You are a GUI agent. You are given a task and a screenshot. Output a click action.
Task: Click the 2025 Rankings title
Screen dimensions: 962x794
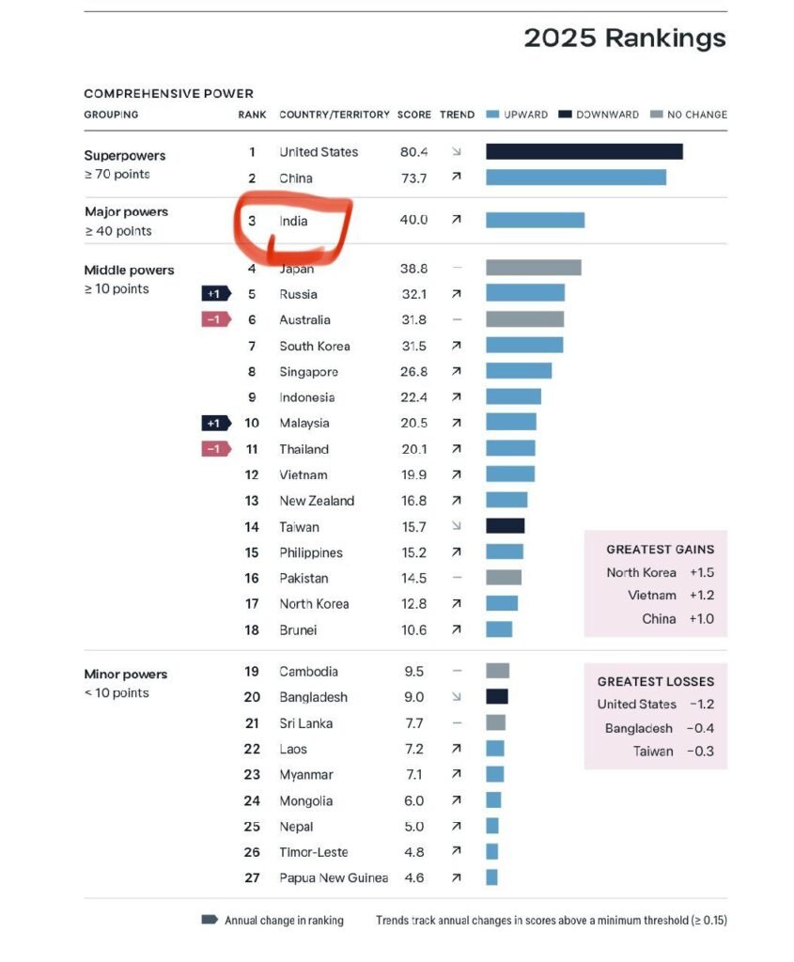click(x=625, y=39)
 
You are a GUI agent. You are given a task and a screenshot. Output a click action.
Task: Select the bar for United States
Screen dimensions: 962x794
click(x=584, y=151)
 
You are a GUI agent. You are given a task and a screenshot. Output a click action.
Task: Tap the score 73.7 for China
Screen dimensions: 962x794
click(x=413, y=178)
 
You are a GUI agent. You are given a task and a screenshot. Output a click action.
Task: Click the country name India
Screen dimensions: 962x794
click(x=293, y=221)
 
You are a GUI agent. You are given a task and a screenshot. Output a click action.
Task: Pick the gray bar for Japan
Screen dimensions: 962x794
click(x=533, y=268)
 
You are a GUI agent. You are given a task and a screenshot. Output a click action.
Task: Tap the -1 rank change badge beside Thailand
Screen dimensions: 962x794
click(x=216, y=449)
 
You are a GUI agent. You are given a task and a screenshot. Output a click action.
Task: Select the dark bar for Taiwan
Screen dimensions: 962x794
click(x=505, y=526)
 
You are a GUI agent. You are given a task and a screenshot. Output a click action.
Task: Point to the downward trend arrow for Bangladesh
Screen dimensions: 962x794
click(x=457, y=697)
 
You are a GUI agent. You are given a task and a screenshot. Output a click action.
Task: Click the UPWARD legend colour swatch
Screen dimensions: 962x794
click(x=492, y=115)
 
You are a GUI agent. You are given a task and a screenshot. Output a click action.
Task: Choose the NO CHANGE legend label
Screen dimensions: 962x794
click(x=696, y=115)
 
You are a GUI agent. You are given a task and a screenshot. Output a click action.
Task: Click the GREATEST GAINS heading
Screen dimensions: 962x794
click(x=660, y=550)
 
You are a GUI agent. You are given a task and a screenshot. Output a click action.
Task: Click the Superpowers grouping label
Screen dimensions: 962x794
click(x=125, y=155)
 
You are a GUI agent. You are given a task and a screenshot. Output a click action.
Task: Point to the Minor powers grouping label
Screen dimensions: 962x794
click(x=126, y=674)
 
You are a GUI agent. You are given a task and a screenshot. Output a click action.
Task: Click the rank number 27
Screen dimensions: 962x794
click(x=252, y=877)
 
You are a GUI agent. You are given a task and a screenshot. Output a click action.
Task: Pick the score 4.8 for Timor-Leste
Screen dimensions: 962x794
click(x=413, y=852)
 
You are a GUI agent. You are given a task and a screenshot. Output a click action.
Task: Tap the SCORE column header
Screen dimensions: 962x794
click(x=413, y=115)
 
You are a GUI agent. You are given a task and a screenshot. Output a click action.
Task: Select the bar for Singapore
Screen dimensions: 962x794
click(x=518, y=371)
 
